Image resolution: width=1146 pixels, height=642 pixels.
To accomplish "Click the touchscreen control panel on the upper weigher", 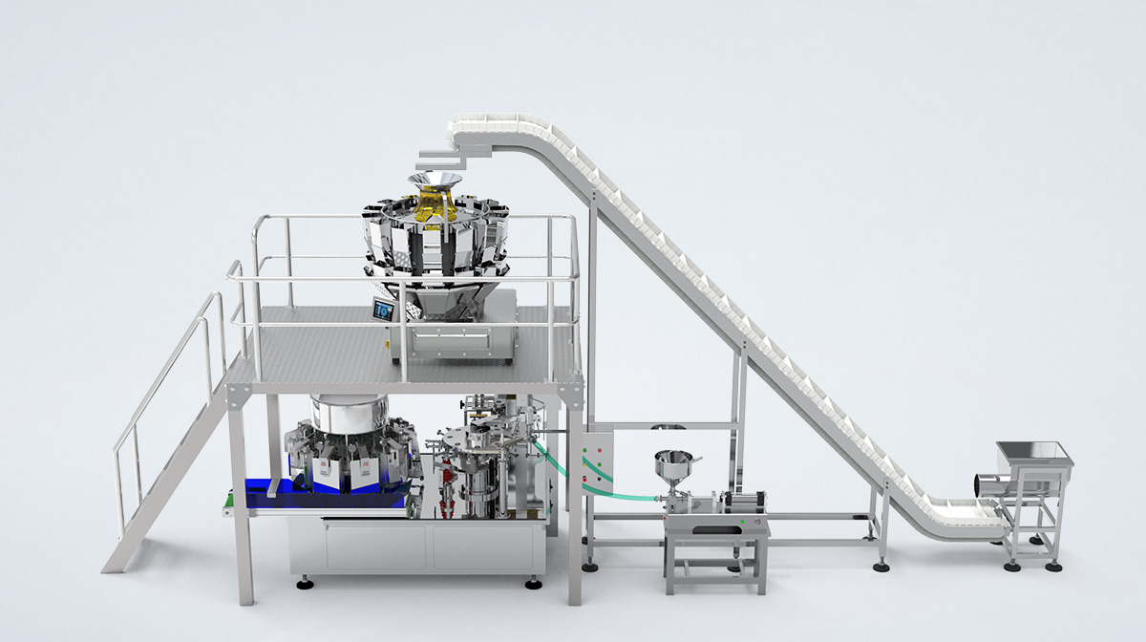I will click(x=384, y=310).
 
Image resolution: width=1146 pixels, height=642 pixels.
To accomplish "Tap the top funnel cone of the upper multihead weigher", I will click(x=435, y=182).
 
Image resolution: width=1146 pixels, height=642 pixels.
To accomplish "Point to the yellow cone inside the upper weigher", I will click(x=434, y=204).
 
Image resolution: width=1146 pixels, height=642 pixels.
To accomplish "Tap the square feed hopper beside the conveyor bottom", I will click(x=1034, y=460).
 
